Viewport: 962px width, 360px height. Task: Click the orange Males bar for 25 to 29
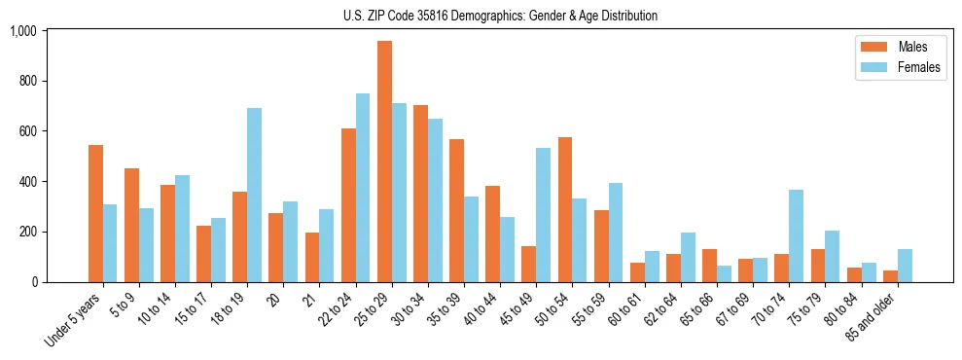[x=384, y=162]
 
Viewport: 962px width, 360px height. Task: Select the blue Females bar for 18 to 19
[x=254, y=195]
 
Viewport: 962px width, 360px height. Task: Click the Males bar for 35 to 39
[x=456, y=210]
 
